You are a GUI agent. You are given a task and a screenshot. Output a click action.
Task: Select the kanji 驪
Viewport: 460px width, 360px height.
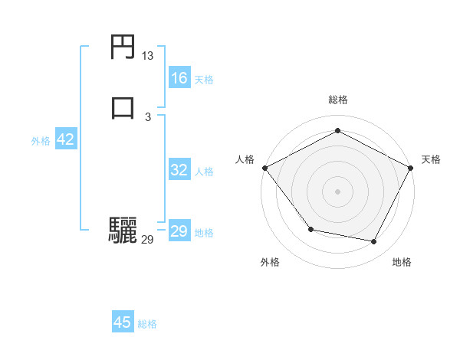coord(123,230)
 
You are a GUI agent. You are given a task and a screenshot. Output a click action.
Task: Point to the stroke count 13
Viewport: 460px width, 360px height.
coord(148,56)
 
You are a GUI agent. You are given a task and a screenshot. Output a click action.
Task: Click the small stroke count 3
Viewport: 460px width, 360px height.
coord(148,116)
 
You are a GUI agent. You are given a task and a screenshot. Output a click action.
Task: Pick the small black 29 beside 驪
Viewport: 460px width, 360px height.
coord(148,240)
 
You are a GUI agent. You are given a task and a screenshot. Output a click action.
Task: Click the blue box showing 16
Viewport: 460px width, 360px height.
coord(179,78)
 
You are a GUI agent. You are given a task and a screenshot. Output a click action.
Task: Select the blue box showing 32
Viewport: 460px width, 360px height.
coord(179,170)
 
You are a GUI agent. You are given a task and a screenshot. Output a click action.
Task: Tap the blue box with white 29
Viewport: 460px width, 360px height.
coord(179,231)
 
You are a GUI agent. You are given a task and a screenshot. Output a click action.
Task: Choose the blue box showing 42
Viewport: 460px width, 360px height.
coord(65,139)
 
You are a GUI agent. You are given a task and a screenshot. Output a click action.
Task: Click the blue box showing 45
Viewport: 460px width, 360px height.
coord(123,322)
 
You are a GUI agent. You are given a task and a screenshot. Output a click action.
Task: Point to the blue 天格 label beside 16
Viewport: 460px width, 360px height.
coord(204,79)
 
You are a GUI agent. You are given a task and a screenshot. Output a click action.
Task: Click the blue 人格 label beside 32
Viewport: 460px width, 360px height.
coord(204,171)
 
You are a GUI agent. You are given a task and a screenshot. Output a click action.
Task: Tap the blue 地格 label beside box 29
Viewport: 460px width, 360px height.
coord(204,232)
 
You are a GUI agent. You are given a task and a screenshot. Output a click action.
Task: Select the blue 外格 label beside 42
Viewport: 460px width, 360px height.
coord(41,140)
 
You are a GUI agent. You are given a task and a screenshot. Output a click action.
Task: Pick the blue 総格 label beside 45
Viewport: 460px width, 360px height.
coord(147,323)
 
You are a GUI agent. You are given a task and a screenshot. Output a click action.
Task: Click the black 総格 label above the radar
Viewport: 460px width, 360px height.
coord(337,100)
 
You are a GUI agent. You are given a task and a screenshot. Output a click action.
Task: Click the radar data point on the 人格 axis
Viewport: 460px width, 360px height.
coord(264,168)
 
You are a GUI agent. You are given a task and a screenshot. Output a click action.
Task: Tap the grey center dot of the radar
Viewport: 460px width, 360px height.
coord(337,191)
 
